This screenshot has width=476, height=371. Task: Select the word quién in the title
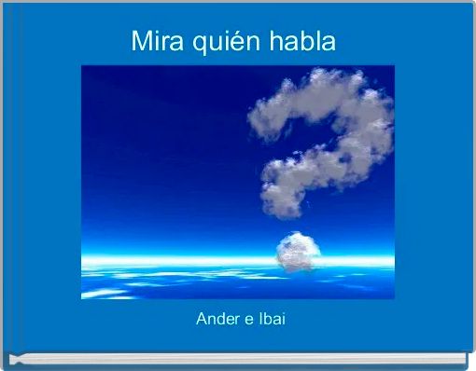(225, 43)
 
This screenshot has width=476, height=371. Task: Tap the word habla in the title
(303, 42)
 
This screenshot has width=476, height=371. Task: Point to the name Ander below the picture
(217, 320)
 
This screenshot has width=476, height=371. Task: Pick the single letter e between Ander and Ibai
(247, 321)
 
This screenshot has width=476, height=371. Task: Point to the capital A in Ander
(202, 320)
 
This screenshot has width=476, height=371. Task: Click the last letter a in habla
(330, 44)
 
